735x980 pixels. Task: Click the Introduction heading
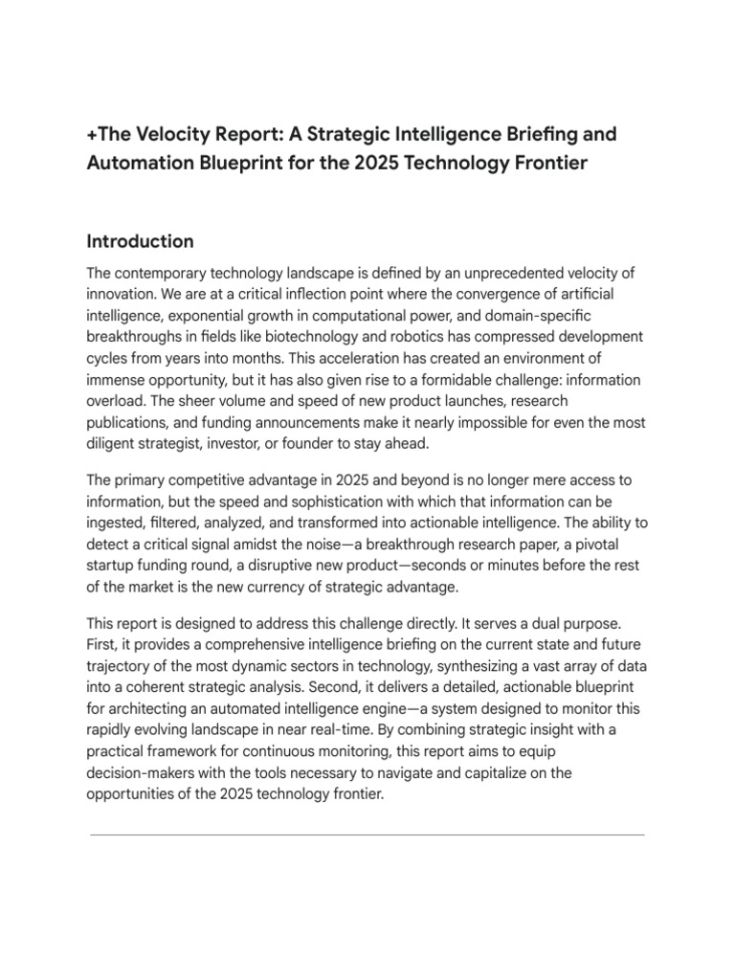(140, 241)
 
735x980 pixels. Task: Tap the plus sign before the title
(92, 134)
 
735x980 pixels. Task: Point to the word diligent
(114, 443)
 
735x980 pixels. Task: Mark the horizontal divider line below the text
(367, 835)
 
